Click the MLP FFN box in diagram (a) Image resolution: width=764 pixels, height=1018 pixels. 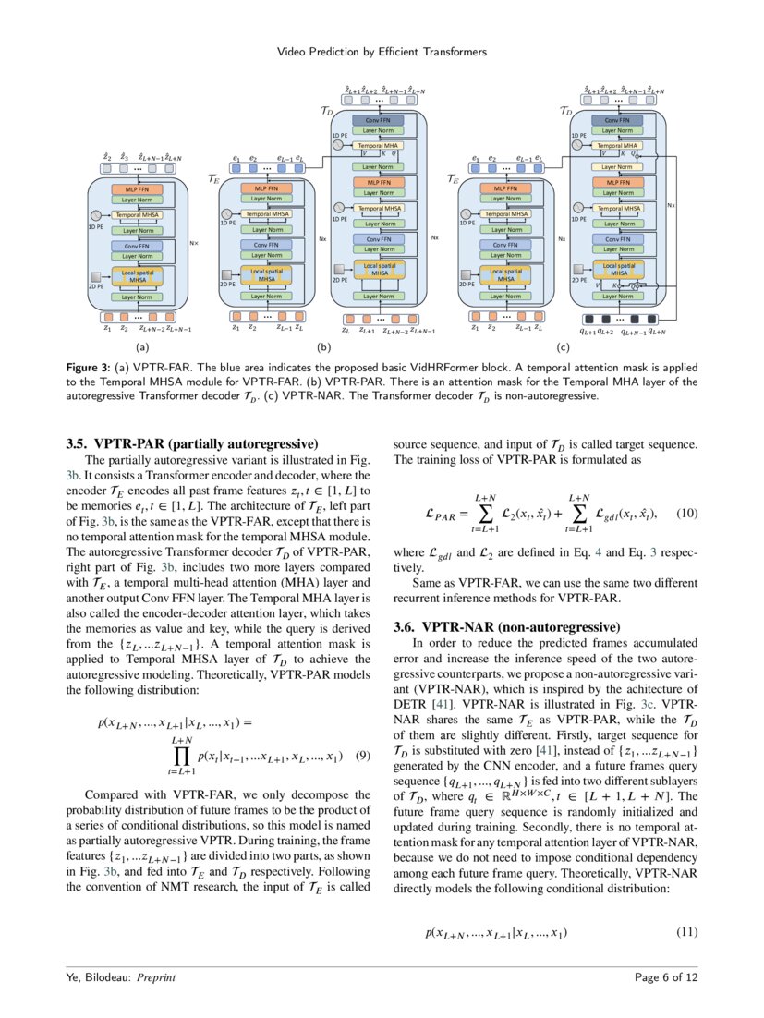coord(137,189)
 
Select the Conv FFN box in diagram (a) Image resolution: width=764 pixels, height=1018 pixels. coord(137,247)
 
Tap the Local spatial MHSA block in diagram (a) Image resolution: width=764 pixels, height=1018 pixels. coord(137,275)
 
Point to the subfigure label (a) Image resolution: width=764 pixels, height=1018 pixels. coord(141,348)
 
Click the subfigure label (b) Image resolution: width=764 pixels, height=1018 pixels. coord(323,348)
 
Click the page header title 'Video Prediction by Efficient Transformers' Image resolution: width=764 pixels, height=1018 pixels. coord(382,52)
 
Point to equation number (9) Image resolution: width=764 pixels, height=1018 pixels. coord(362,756)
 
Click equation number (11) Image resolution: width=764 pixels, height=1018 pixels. coord(686,932)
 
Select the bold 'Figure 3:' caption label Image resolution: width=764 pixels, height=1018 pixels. coord(89,367)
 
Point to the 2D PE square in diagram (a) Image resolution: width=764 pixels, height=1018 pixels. coord(96,276)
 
